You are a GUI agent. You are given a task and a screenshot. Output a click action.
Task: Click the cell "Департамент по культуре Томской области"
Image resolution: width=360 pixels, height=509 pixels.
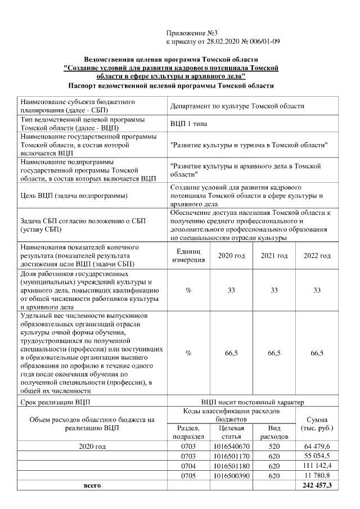click(x=237, y=106)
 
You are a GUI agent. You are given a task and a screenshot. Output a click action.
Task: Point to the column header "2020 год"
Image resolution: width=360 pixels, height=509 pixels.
click(x=231, y=256)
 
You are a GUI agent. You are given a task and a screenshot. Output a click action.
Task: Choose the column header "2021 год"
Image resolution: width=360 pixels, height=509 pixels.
click(x=274, y=256)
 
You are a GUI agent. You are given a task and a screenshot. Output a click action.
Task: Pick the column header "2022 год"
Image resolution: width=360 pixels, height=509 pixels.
click(x=317, y=256)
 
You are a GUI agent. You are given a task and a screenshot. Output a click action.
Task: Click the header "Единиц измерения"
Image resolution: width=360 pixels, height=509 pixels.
click(x=188, y=256)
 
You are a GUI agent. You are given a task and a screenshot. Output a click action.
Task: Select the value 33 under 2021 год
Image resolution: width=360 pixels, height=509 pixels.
click(x=274, y=290)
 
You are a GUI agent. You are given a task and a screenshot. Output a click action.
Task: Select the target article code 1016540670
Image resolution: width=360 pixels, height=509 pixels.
click(x=231, y=446)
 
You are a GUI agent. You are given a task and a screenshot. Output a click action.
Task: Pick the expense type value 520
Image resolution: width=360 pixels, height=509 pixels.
click(x=274, y=446)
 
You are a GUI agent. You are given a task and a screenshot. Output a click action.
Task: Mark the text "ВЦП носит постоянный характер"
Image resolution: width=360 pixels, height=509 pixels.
click(x=252, y=402)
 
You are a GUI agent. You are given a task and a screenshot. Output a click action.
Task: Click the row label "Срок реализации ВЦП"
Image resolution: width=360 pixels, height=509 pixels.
click(x=55, y=402)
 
